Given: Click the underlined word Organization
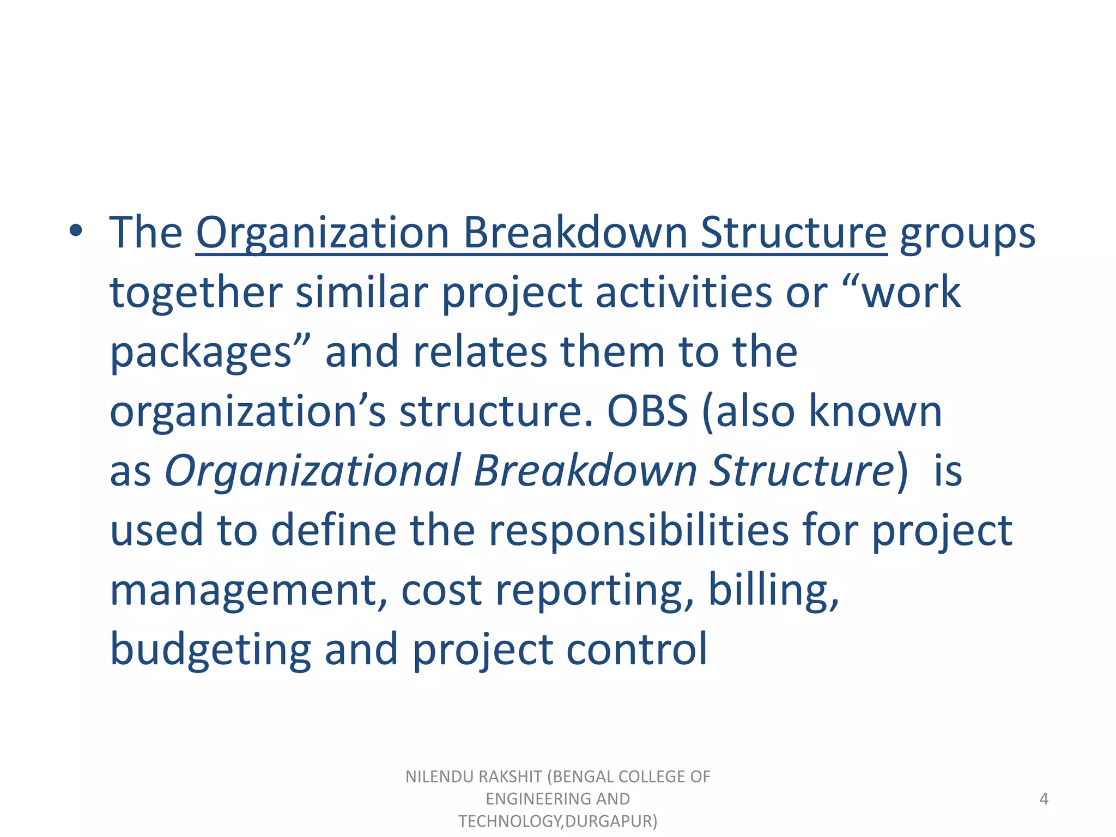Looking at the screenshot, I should tap(322, 234).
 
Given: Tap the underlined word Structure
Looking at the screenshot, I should tap(793, 234).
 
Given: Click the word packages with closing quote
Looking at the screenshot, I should tap(210, 353).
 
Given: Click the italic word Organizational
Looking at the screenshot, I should tap(313, 471).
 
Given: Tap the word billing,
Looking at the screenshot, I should tap(774, 591).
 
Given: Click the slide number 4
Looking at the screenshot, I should tap(1044, 799).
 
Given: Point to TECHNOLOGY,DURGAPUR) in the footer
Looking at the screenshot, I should tap(557, 821).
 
